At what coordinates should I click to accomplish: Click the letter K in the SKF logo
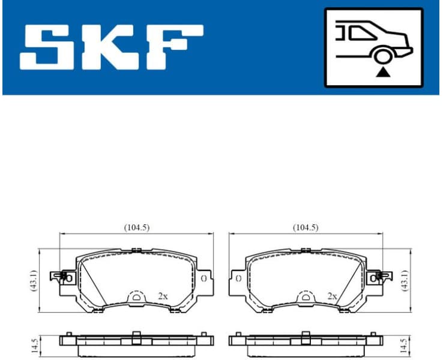pos(111,46)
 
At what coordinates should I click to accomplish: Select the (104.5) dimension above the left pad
pos(136,227)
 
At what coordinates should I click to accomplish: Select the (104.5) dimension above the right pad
pos(305,227)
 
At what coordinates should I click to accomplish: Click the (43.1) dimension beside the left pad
pos(34,280)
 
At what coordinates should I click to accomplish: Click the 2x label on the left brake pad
pos(163,296)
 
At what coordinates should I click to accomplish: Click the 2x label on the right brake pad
pos(332,296)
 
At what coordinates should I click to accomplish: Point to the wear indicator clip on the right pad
pos(378,277)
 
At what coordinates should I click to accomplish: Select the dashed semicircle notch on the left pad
pos(137,296)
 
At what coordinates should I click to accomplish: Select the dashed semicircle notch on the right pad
pos(305,296)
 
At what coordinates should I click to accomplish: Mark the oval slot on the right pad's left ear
pos(238,279)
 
